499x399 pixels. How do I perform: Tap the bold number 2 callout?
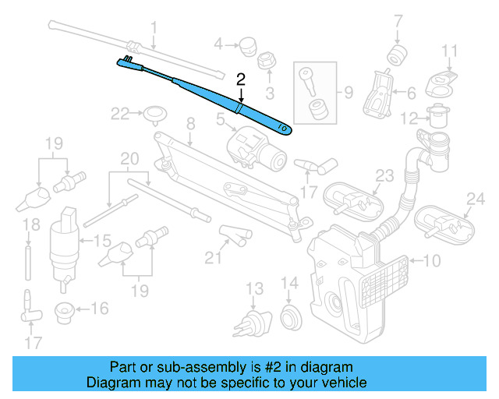pyautogui.click(x=241, y=78)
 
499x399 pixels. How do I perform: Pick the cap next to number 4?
pyautogui.click(x=249, y=43)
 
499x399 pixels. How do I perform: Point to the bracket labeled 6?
pyautogui.click(x=380, y=94)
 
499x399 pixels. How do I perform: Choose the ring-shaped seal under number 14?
pyautogui.click(x=289, y=316)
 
